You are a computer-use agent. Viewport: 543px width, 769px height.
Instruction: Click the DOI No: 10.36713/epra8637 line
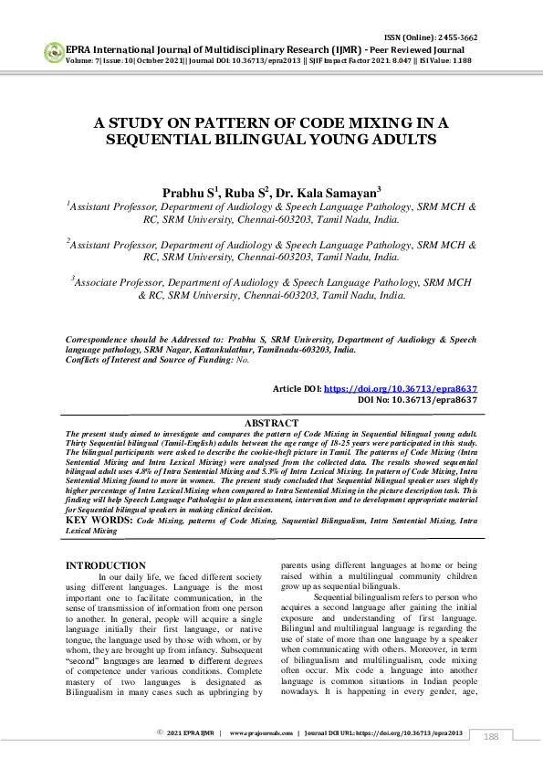tap(417, 399)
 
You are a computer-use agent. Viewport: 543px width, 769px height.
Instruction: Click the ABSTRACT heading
tap(271, 423)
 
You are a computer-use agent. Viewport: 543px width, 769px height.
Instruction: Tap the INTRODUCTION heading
tap(106, 566)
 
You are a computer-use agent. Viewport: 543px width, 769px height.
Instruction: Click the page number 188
tap(491, 736)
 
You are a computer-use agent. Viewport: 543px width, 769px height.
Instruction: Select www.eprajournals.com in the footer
tap(261, 732)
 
